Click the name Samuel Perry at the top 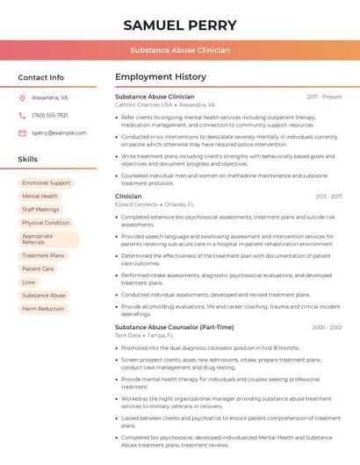tap(179, 25)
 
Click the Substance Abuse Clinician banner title tap(179, 50)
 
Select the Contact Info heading tap(40, 77)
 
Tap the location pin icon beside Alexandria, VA tap(22, 98)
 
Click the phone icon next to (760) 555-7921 tap(22, 115)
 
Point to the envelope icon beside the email tap(22, 132)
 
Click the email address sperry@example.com tap(54, 132)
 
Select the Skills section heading tap(28, 160)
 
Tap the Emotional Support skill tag tap(47, 183)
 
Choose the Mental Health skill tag tap(40, 197)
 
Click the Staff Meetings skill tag tap(40, 210)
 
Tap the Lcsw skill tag tap(30, 283)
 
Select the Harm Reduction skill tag tap(43, 309)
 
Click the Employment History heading tap(161, 77)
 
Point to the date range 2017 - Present tap(324, 97)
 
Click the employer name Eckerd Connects tap(136, 204)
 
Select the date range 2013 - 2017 tap(328, 197)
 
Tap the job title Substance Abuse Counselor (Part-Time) tap(175, 327)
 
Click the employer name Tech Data tap(127, 335)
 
